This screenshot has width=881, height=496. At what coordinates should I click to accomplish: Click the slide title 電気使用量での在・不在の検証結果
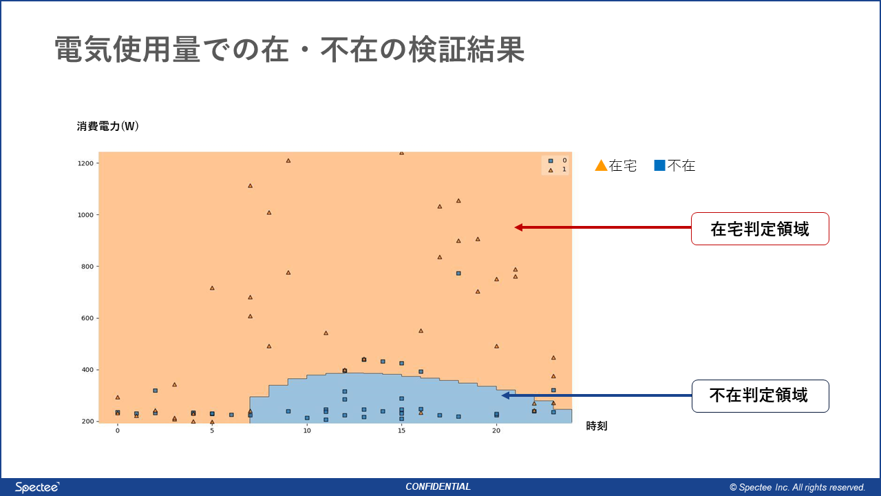coord(290,50)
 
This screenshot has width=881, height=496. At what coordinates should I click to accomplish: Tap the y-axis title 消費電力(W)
coord(107,126)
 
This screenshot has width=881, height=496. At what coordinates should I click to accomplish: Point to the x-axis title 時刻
coord(597,426)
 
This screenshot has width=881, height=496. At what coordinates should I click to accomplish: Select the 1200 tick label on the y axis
coord(85,163)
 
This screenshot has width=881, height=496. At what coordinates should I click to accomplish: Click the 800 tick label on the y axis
coord(87,267)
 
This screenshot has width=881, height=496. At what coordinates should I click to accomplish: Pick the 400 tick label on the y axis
coord(87,370)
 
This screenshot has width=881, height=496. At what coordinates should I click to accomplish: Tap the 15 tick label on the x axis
coord(401,431)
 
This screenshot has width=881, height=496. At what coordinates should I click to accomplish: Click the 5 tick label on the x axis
coord(212,431)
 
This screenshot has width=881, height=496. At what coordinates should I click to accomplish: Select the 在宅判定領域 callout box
coord(760,229)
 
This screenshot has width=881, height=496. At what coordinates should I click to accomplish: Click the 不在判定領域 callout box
coord(760,396)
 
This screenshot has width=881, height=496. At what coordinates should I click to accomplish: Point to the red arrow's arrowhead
coord(519,227)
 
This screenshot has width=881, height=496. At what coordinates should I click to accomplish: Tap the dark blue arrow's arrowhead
coord(506,395)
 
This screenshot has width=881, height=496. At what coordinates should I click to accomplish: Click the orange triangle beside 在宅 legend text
coord(601,165)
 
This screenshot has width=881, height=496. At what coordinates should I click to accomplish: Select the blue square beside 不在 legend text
coord(659,165)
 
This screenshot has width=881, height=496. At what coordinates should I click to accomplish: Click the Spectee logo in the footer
coord(37,487)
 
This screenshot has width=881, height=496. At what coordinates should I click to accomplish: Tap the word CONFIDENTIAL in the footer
coord(438,487)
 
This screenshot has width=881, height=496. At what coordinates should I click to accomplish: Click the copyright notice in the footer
coord(797,487)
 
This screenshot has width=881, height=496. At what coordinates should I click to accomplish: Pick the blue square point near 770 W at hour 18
coord(458,273)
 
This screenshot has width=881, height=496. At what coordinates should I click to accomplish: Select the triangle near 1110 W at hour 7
coord(250,186)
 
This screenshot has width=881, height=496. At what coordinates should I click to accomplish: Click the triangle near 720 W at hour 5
coord(212,288)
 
